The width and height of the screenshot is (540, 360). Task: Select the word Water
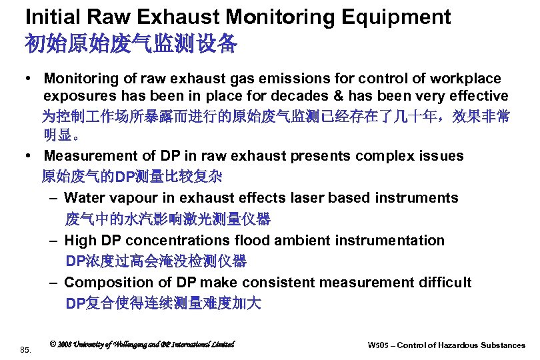[86, 198]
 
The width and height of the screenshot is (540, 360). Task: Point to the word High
[80, 240]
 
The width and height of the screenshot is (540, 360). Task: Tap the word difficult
[444, 283]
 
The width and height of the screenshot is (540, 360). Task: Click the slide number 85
[26, 349]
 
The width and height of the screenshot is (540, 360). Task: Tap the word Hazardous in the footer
[457, 345]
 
